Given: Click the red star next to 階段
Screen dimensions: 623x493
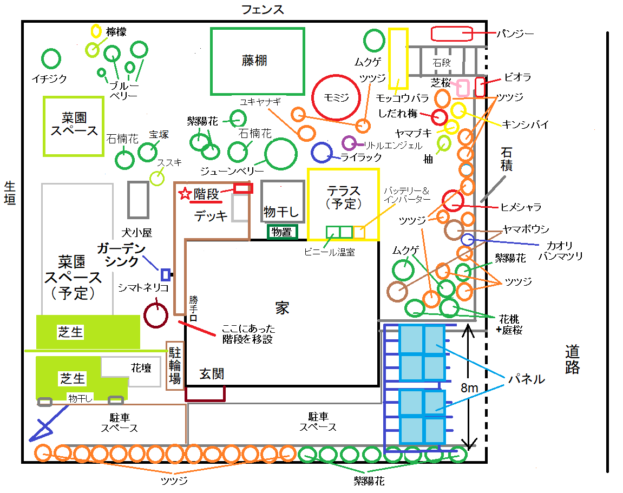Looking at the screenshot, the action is pyautogui.click(x=185, y=193).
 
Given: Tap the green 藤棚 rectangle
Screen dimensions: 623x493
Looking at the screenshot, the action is pyautogui.click(x=257, y=61).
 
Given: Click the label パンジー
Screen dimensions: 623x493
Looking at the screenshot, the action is pyautogui.click(x=515, y=34).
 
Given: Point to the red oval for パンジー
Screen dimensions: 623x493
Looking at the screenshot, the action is pyautogui.click(x=452, y=34).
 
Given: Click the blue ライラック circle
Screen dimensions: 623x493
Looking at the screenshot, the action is pyautogui.click(x=322, y=152).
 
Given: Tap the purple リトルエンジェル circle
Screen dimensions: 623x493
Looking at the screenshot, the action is pyautogui.click(x=349, y=143).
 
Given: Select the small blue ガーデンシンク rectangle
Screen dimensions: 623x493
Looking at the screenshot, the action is pyautogui.click(x=166, y=274).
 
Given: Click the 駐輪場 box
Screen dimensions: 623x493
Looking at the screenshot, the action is pyautogui.click(x=174, y=365).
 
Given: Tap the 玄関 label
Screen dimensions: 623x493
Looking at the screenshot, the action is pyautogui.click(x=211, y=373).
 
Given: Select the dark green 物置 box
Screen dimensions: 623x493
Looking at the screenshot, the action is pyautogui.click(x=281, y=232).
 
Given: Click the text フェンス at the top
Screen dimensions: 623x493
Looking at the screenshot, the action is pyautogui.click(x=263, y=9).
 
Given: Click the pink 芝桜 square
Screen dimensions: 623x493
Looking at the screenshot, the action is pyautogui.click(x=463, y=88).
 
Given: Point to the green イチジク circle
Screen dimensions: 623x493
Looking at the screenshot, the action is pyautogui.click(x=51, y=58).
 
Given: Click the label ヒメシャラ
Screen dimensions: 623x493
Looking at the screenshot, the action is pyautogui.click(x=521, y=207).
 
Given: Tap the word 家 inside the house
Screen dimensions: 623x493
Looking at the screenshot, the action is pyautogui.click(x=281, y=308).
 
